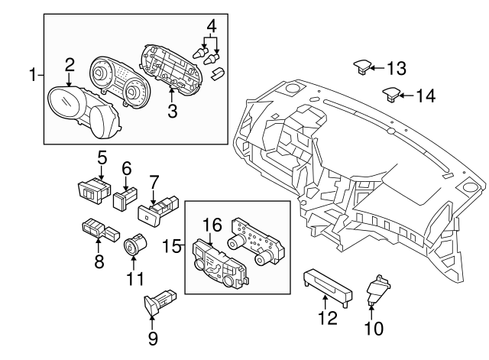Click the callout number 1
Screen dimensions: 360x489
pyautogui.click(x=33, y=75)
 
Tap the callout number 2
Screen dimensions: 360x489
pyautogui.click(x=70, y=64)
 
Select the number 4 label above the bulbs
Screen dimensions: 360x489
pyautogui.click(x=212, y=24)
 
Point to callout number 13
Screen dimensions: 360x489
pyautogui.click(x=395, y=69)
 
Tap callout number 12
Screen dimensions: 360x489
pyautogui.click(x=327, y=317)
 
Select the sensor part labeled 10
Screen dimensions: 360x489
pyautogui.click(x=376, y=290)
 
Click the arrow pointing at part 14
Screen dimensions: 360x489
pyautogui.click(x=406, y=96)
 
